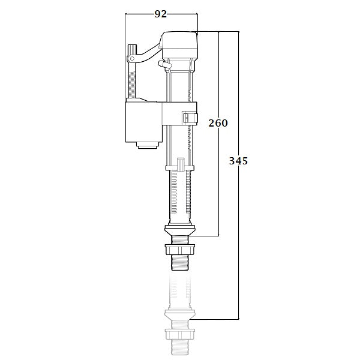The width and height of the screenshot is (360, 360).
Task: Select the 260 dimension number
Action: tap(218, 123)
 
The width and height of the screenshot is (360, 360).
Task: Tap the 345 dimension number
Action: tap(239, 161)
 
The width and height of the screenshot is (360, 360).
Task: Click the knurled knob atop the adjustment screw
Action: tap(132, 49)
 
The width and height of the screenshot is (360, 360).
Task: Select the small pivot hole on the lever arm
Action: tap(131, 59)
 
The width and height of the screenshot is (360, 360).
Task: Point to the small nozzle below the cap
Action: tap(161, 63)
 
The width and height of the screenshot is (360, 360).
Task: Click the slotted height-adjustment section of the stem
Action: tap(179, 195)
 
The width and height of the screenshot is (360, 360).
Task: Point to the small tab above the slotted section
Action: tap(180, 163)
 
